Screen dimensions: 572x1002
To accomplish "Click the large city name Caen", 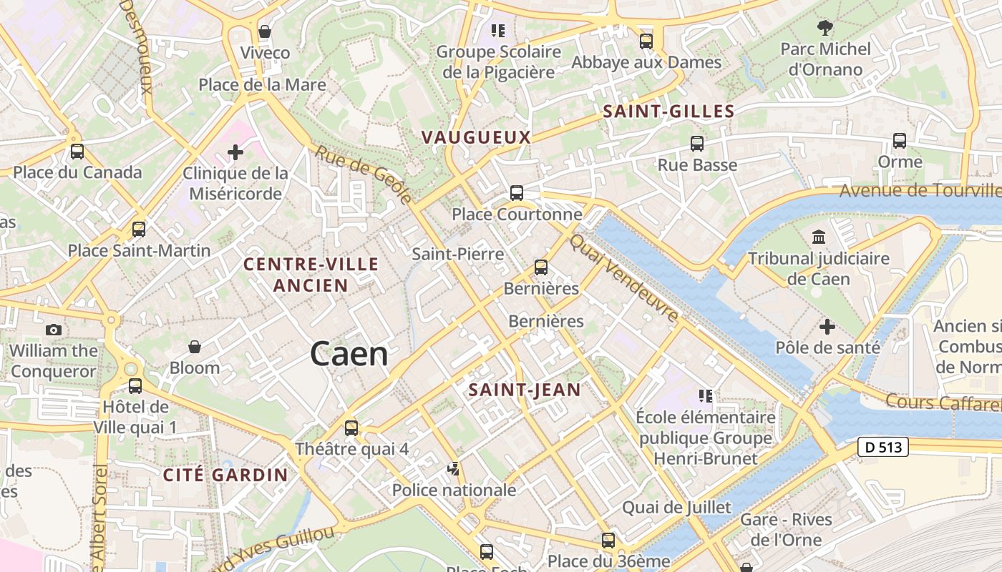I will click(x=349, y=355).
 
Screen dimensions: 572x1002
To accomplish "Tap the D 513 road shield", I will click(x=882, y=448).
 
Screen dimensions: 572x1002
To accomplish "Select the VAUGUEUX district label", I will click(x=476, y=137).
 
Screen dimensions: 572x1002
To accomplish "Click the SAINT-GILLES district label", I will click(x=668, y=112).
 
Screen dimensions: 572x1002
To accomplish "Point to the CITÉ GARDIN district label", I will click(x=225, y=475).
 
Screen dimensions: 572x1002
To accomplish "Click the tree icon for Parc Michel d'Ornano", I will click(x=825, y=29).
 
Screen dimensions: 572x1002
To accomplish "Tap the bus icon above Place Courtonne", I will click(x=516, y=192).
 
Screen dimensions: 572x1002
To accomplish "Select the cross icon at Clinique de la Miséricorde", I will click(x=235, y=152).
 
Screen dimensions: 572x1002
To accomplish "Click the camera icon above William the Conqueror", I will click(x=53, y=330).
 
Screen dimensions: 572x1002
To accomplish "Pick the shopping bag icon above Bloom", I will click(x=194, y=347).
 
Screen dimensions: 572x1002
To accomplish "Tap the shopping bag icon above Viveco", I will click(x=265, y=32).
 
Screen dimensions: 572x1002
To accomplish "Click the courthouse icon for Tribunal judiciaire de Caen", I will click(x=818, y=237).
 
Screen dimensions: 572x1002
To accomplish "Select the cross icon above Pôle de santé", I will click(x=827, y=327).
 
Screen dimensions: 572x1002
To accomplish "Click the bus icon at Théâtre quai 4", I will click(x=351, y=428).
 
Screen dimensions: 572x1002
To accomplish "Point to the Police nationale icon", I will click(x=453, y=469).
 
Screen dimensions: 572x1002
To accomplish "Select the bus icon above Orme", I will click(x=900, y=141).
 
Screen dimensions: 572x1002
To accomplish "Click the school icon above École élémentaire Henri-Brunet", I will click(x=705, y=396).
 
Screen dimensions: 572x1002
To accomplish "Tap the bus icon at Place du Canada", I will click(x=77, y=152).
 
